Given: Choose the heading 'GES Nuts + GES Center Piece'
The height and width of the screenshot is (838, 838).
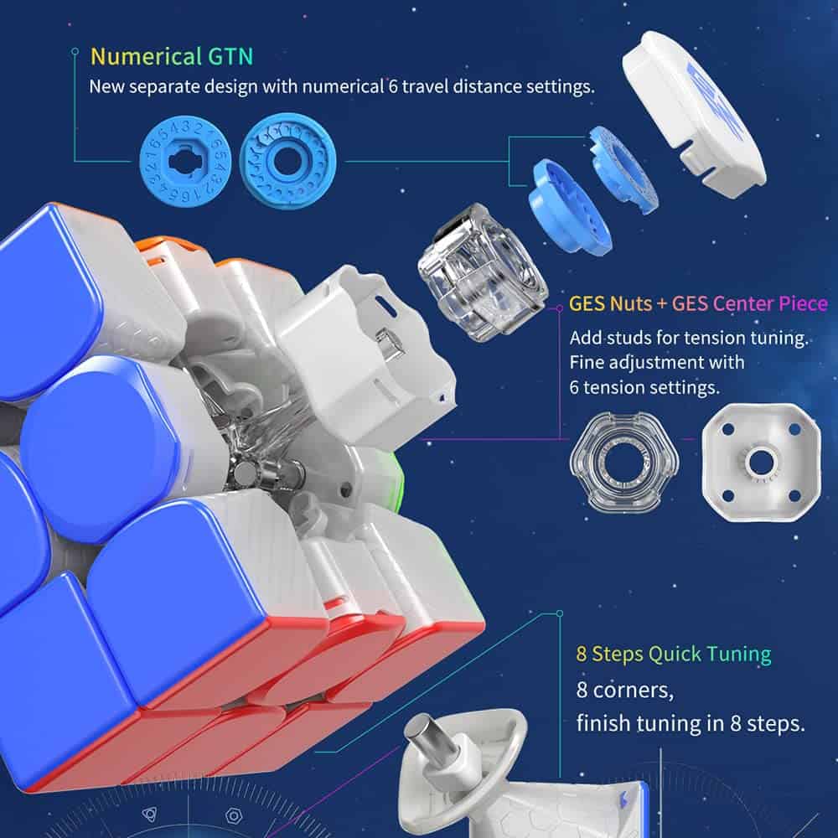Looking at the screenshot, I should point(697,303).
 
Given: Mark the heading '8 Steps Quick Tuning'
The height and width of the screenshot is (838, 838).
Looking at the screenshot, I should point(673,654).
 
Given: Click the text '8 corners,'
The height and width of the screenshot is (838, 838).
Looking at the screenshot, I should point(626,692).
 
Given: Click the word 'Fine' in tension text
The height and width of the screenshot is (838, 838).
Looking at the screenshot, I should point(587,364).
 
